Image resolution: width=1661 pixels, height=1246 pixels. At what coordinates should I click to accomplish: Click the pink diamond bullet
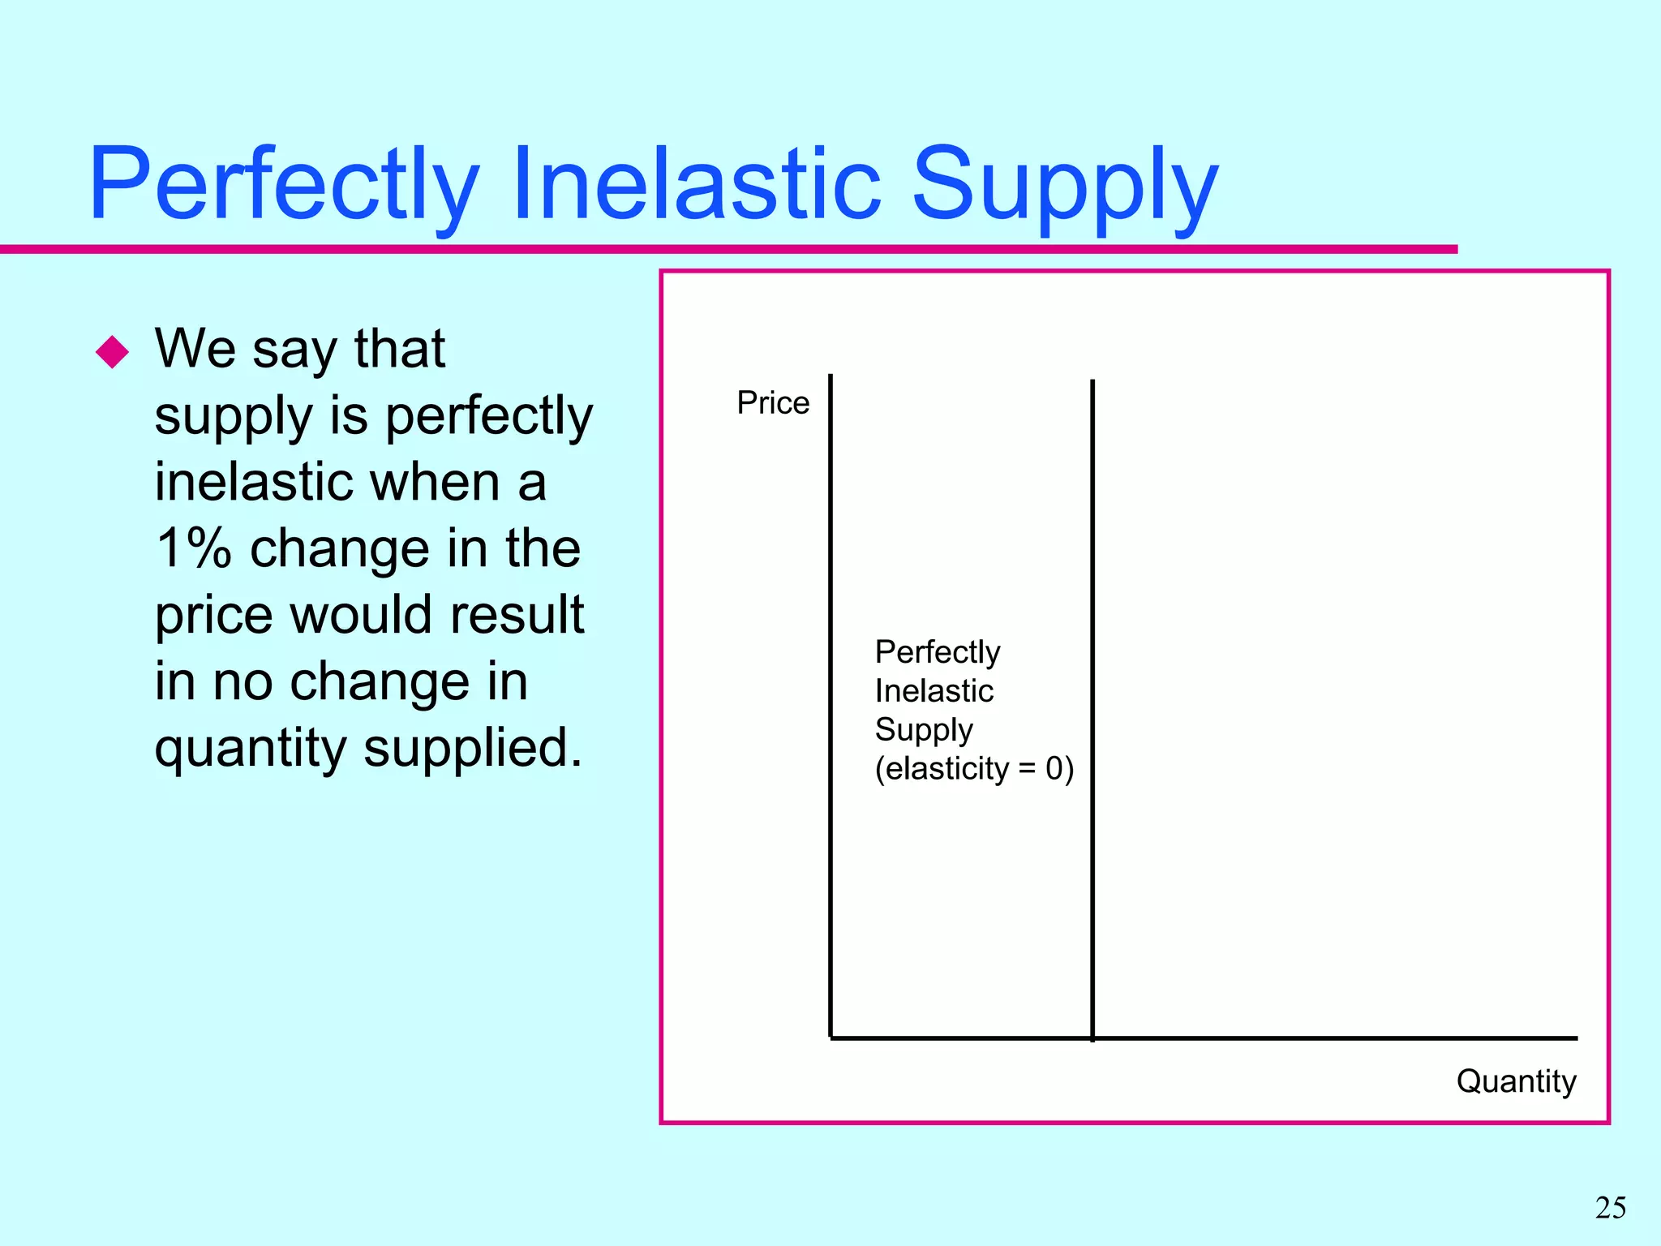[x=112, y=352]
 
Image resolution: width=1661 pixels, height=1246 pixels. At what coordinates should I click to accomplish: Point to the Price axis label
[x=773, y=402]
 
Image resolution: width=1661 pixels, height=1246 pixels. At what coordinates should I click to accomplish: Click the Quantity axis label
[x=1516, y=1081]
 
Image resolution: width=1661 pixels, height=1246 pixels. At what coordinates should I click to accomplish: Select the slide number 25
[x=1610, y=1208]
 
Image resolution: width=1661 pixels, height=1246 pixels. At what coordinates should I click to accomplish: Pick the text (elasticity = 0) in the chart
[x=974, y=767]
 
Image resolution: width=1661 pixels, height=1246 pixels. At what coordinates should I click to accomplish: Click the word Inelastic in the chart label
[x=934, y=691]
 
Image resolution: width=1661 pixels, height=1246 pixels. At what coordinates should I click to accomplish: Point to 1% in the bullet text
[x=194, y=548]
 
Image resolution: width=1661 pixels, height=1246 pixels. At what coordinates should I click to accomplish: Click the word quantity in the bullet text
[x=250, y=748]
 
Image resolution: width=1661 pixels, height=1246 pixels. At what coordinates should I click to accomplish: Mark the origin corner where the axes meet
[x=830, y=1038]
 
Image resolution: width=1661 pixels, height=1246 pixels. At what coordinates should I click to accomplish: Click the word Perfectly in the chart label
[x=937, y=651]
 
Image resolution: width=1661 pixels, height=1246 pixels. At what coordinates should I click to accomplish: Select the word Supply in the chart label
[x=923, y=729]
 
